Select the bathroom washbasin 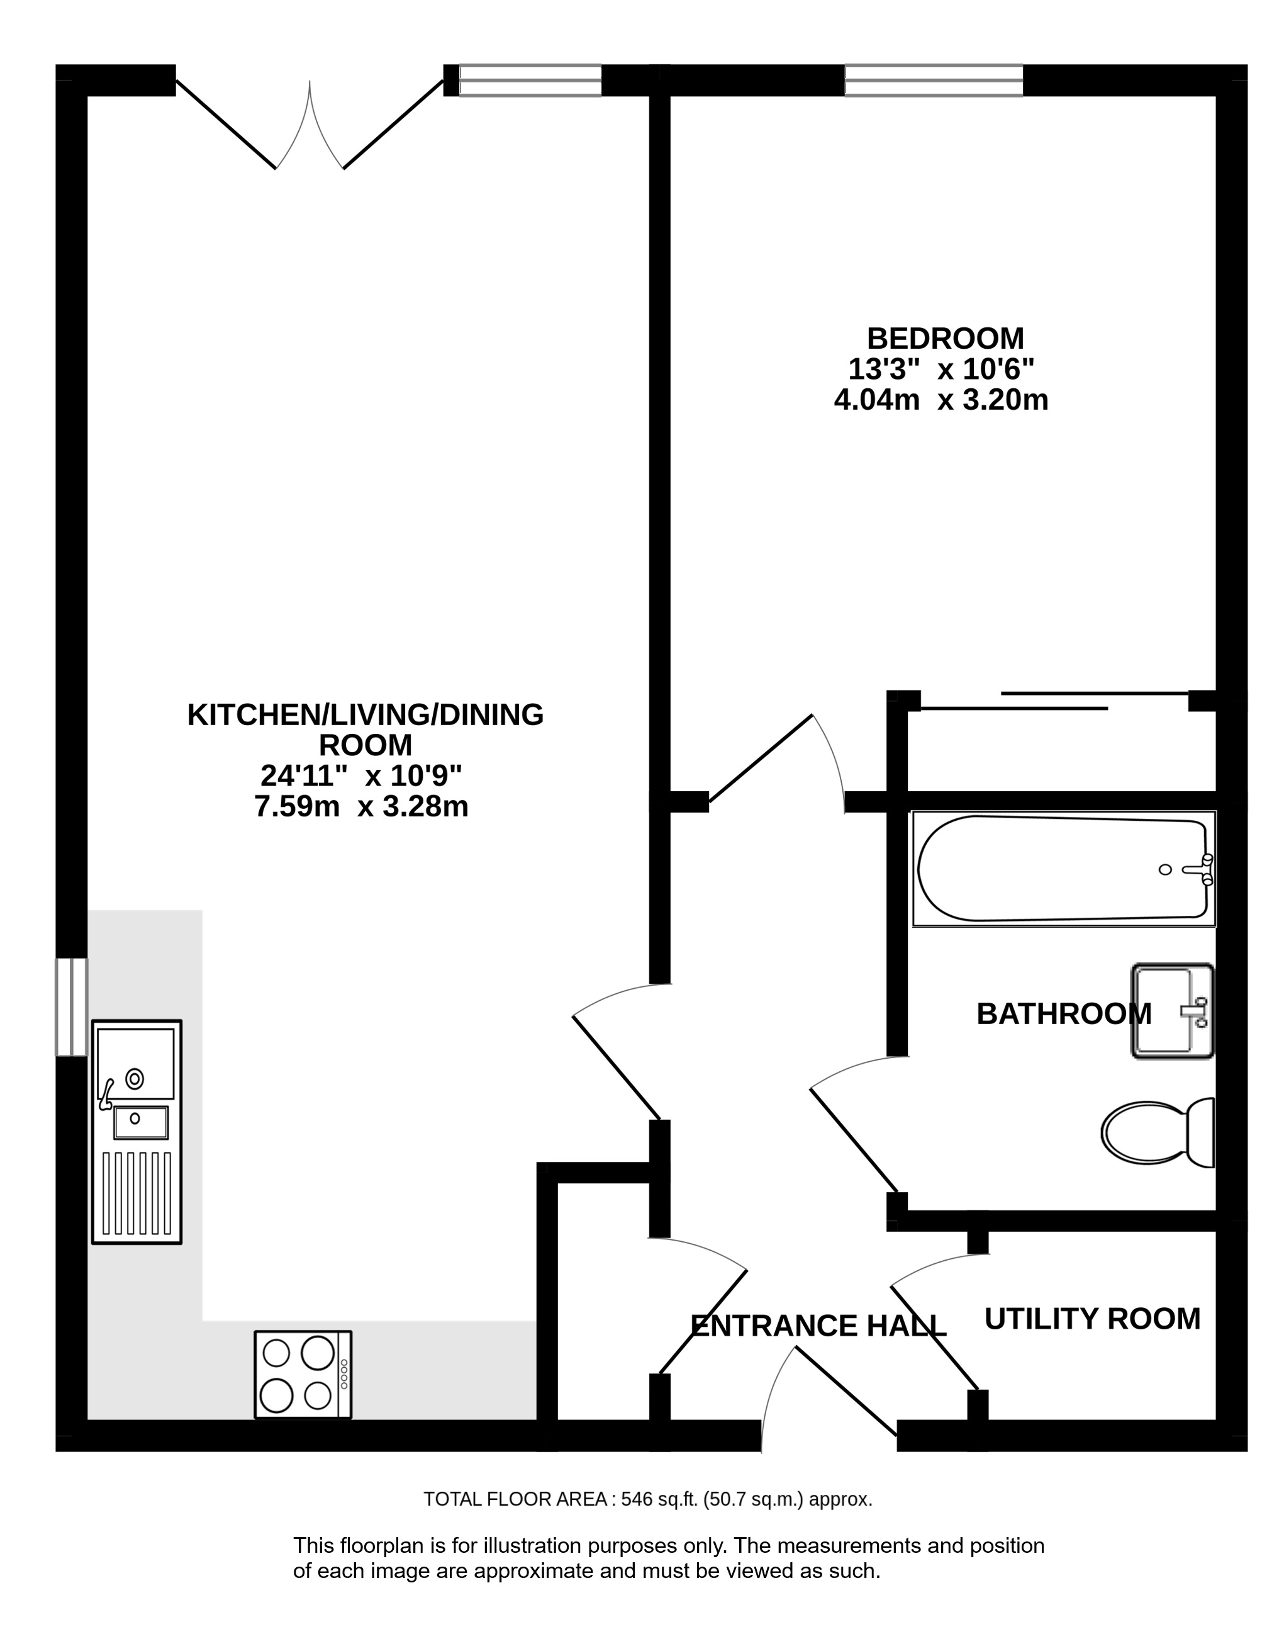click(1173, 1011)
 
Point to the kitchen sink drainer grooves click(136, 1193)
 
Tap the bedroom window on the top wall click(934, 81)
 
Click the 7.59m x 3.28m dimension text click(362, 807)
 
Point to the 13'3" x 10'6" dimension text click(941, 369)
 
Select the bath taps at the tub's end click(1200, 869)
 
